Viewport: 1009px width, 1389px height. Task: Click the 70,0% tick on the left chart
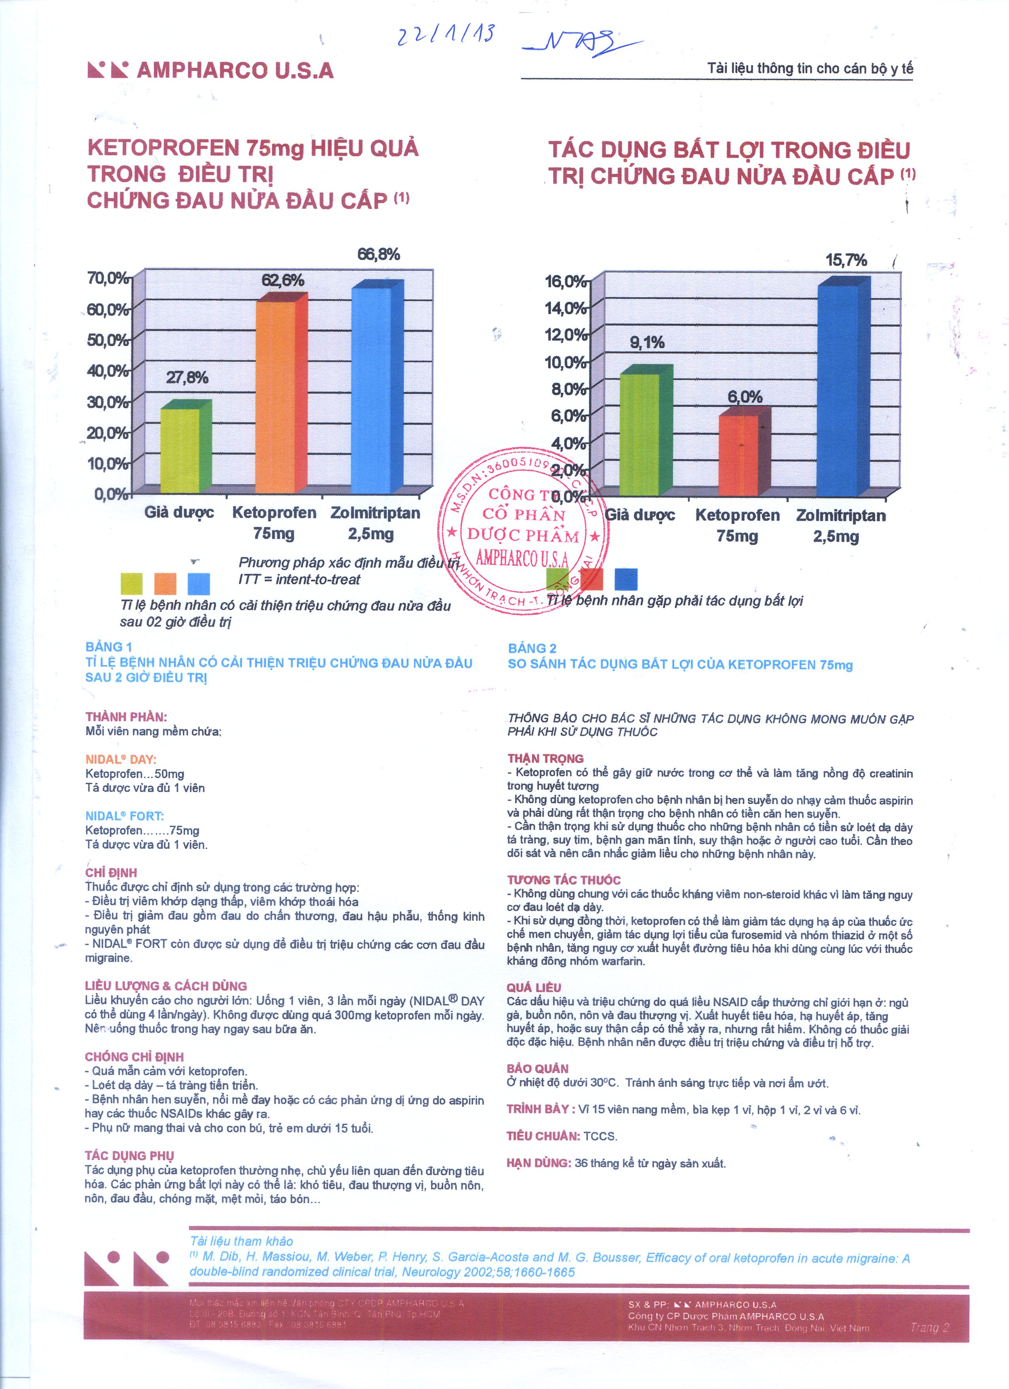pos(107,278)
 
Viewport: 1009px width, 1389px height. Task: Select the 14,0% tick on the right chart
pos(565,308)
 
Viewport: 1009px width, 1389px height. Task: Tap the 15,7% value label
pos(846,260)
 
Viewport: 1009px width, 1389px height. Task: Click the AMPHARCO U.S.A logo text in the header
pos(235,70)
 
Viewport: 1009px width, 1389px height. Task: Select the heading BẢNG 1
pos(108,647)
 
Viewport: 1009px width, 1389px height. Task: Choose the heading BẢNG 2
pos(531,648)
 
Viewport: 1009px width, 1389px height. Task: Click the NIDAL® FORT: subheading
pos(124,816)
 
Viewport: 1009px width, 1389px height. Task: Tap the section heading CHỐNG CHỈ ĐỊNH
pos(134,1056)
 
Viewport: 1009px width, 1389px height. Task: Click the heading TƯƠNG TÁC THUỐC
pos(563,880)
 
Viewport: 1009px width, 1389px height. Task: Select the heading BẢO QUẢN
pos(537,1068)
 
